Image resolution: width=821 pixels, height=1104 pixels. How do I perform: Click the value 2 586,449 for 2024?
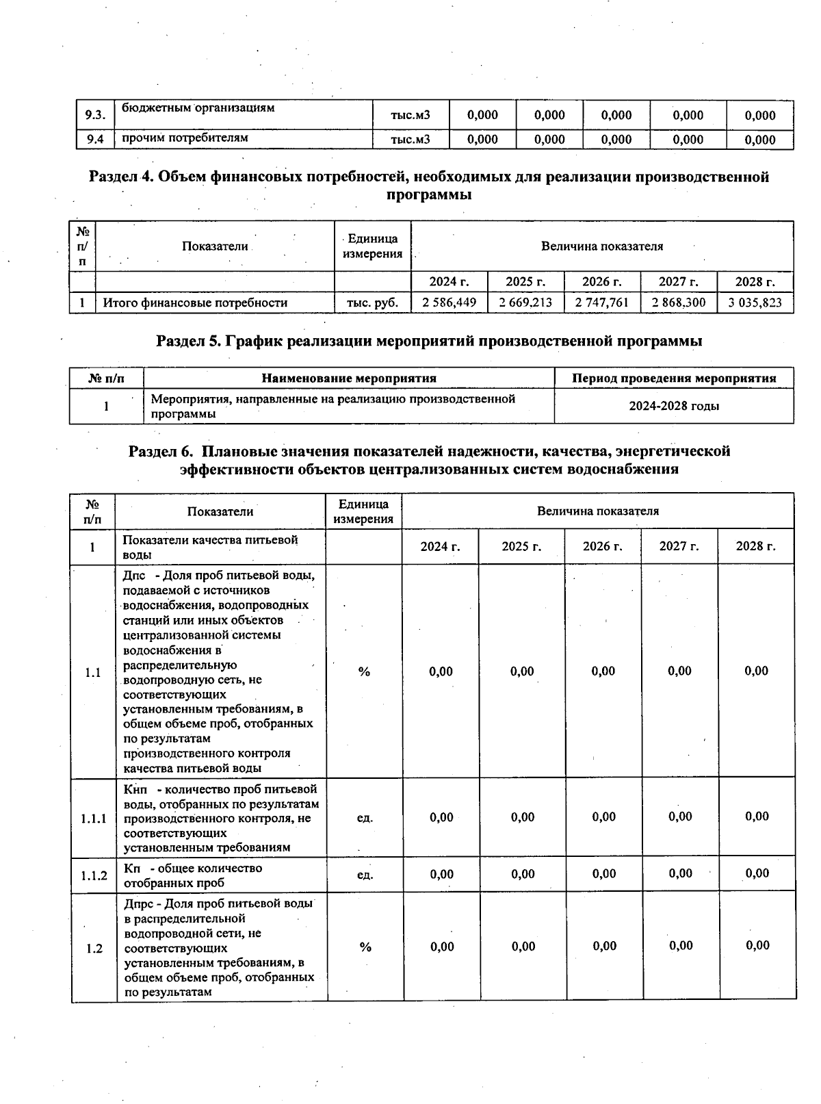(449, 303)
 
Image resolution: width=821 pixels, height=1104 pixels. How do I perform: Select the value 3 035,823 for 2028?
(755, 303)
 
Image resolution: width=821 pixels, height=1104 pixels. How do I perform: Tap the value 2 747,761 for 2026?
(602, 303)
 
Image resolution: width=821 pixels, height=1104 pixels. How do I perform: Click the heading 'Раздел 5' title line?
(429, 340)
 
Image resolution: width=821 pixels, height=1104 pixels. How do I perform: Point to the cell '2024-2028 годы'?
(674, 406)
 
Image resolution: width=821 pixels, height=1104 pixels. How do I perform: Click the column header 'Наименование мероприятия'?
(349, 378)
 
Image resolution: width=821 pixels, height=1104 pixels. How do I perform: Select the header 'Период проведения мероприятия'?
(674, 378)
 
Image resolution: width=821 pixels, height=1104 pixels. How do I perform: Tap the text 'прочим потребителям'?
(185, 138)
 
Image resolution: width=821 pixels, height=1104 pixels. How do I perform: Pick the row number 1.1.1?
(94, 818)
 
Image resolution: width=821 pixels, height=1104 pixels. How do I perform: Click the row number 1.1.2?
(94, 875)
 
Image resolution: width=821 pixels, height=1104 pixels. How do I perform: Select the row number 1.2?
(94, 948)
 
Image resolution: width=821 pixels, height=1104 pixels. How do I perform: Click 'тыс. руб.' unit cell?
(372, 303)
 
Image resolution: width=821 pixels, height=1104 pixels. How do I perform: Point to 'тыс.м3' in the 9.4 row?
(410, 140)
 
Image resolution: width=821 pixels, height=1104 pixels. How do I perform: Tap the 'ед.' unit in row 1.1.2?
(365, 874)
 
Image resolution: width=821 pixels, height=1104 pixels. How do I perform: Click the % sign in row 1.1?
(364, 672)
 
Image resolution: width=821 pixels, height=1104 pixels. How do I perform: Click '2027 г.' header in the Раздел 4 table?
(679, 281)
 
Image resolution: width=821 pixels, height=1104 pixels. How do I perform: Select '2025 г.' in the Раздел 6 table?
(521, 546)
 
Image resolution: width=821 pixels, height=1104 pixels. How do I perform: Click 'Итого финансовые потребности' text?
(195, 303)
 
